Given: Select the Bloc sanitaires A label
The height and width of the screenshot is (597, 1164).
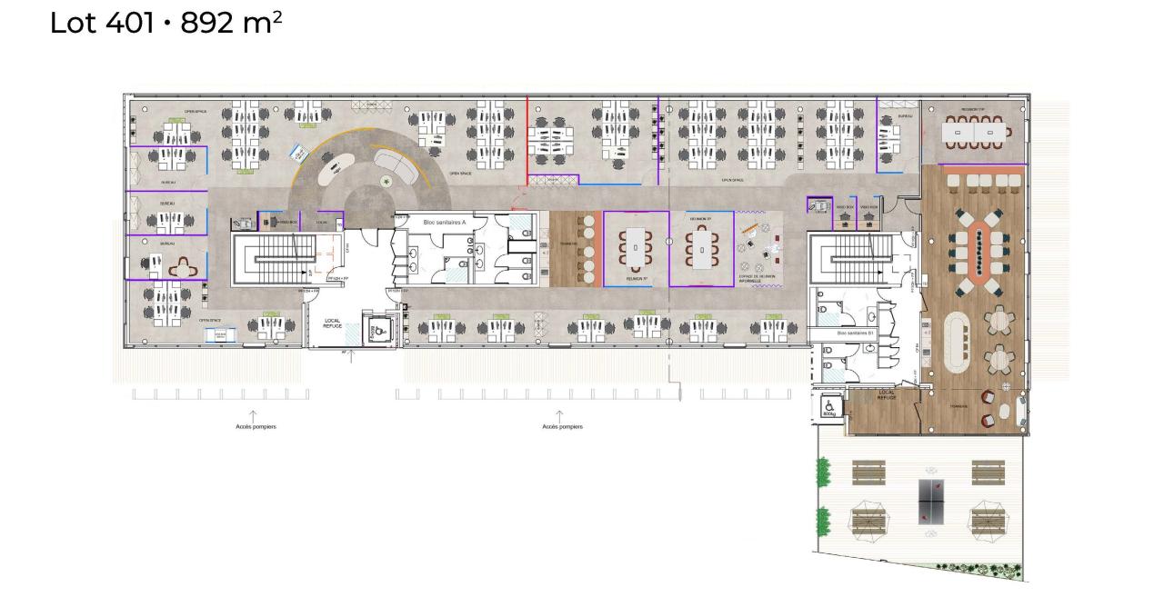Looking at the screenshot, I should point(444,222).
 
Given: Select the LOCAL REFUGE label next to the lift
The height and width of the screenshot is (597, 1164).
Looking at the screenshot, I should point(332,323).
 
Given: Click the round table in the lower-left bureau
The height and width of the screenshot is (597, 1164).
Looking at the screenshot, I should point(186,266).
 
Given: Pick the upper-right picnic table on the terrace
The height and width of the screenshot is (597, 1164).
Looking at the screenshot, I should point(988,473).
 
